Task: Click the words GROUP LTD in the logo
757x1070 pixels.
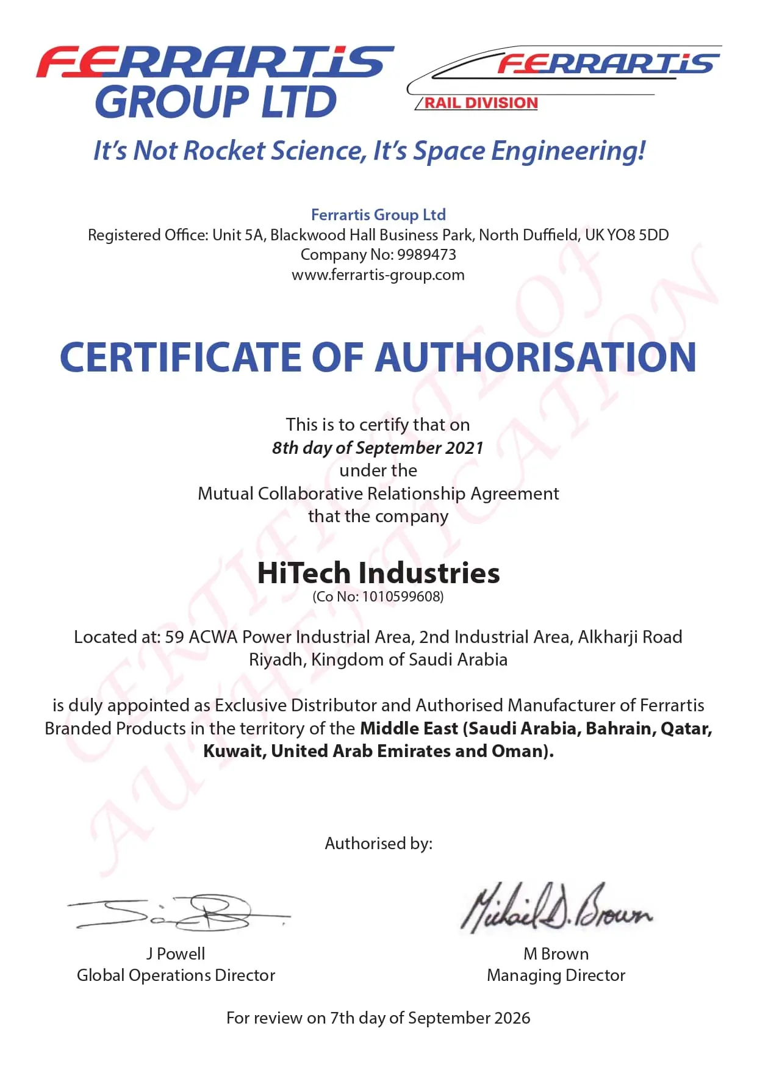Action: pos(216,102)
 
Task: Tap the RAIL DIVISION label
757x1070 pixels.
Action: pos(481,103)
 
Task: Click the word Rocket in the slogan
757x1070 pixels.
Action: pos(224,151)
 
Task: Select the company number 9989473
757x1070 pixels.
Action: pos(426,254)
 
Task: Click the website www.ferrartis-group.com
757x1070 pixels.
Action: pos(378,275)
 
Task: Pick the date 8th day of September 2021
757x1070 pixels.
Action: pos(378,448)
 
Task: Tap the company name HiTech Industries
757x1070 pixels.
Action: pos(378,573)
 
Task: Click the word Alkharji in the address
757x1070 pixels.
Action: pos(606,637)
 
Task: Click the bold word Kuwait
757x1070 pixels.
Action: pos(234,751)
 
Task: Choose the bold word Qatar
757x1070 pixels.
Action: pos(686,728)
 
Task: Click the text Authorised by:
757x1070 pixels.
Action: pos(378,843)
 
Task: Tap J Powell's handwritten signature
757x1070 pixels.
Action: pos(177,912)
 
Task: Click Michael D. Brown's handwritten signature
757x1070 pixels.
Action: pos(555,907)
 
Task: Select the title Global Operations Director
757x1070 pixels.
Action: pos(176,975)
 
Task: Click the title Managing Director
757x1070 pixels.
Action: pos(556,975)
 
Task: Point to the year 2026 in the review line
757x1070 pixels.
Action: pos(512,1018)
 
